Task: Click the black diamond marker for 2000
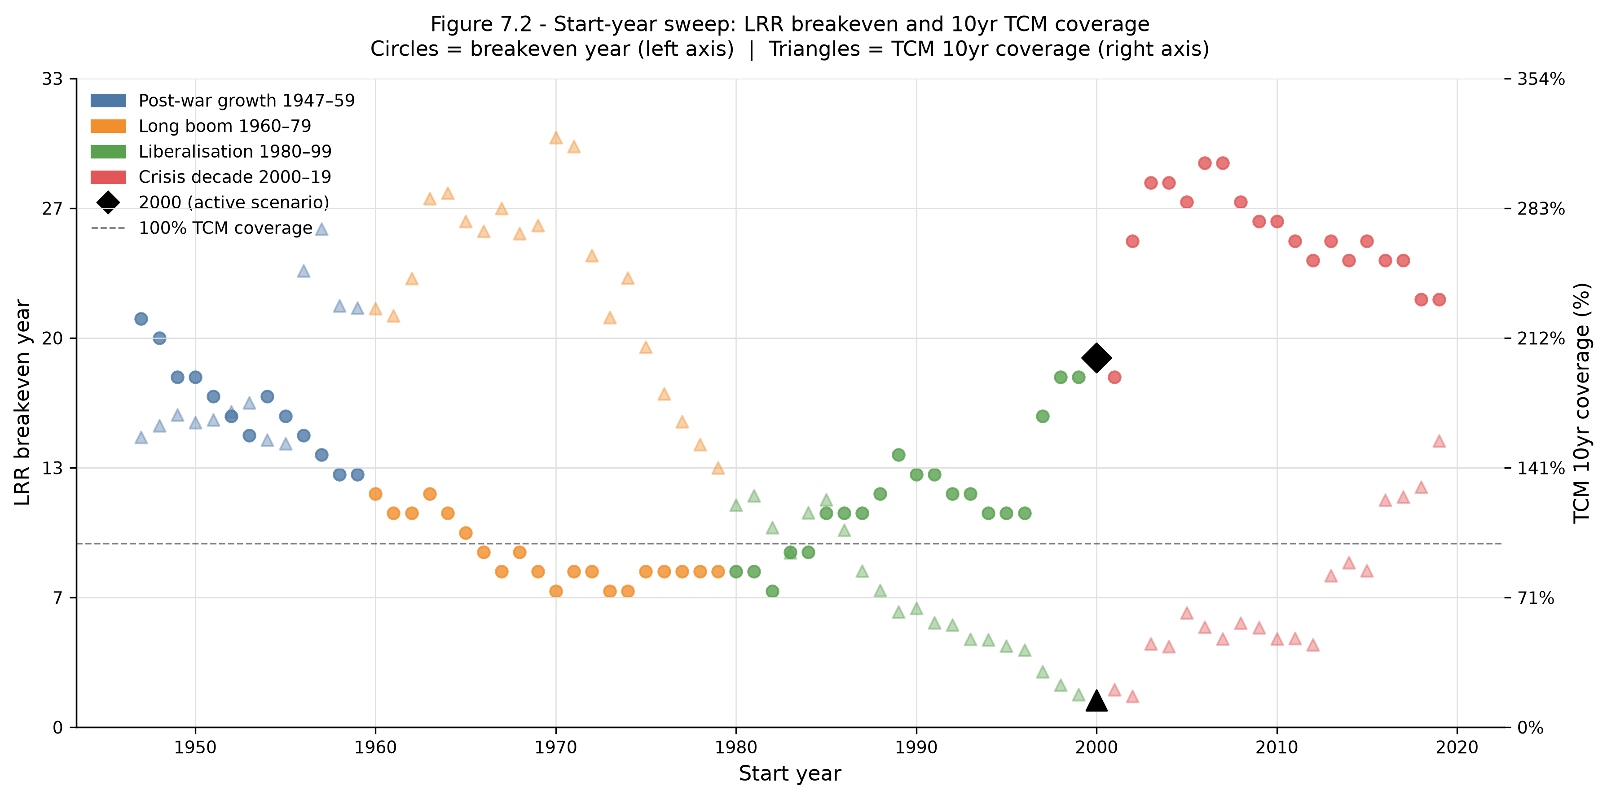point(1096,357)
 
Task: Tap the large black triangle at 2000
point(1096,701)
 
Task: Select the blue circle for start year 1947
point(141,319)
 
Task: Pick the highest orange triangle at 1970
point(556,138)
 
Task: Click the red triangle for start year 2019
point(1439,441)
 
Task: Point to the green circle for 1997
point(1043,416)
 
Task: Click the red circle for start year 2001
point(1114,377)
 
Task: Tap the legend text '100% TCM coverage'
point(225,228)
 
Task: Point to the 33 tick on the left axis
point(53,79)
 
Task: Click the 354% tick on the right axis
point(1541,79)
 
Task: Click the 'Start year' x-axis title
point(790,773)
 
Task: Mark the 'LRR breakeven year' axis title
point(22,402)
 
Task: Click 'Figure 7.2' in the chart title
point(481,24)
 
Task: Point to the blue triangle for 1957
point(321,229)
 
